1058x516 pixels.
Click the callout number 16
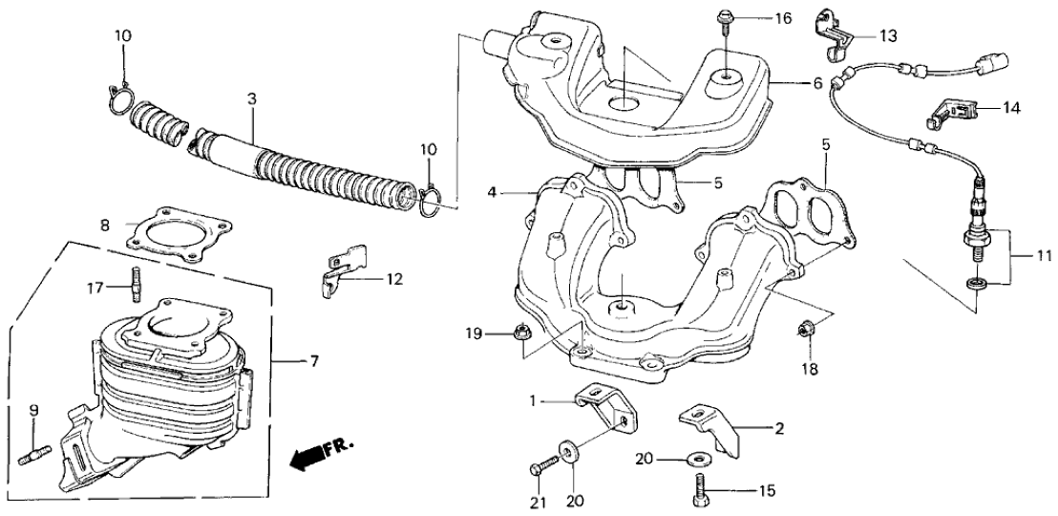tap(783, 18)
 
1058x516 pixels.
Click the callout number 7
tap(314, 360)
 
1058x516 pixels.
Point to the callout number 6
tap(816, 83)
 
